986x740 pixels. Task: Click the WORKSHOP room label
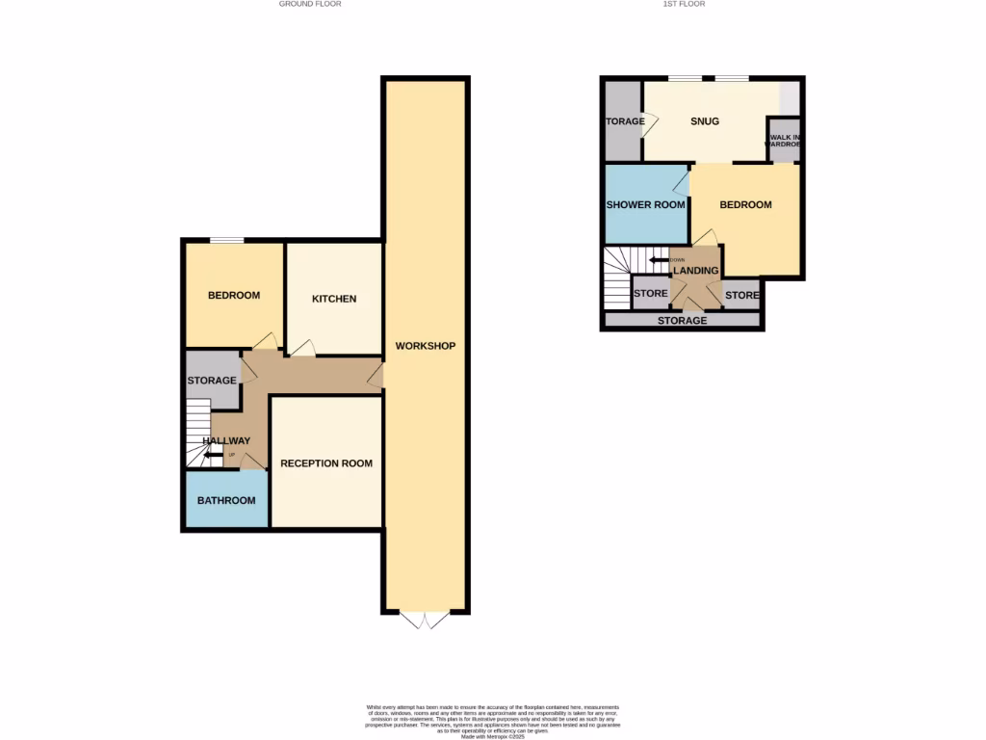(x=425, y=346)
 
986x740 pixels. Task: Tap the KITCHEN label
(x=334, y=299)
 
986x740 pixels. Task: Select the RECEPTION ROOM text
(x=326, y=463)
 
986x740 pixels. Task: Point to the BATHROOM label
(x=226, y=500)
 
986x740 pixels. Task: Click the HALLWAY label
(x=226, y=441)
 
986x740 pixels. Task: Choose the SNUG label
(x=705, y=121)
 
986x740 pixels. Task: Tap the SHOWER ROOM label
(x=645, y=205)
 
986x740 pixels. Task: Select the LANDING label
(x=695, y=271)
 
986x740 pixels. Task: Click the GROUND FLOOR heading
(x=310, y=4)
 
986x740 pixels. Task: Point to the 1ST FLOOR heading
(x=685, y=4)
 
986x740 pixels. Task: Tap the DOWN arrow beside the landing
(x=661, y=259)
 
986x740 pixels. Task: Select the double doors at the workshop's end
(x=425, y=621)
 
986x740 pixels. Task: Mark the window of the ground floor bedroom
(x=227, y=240)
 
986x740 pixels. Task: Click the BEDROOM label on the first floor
(x=745, y=205)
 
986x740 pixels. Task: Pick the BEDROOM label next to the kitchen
(x=234, y=295)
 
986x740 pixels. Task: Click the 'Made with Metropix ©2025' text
(x=492, y=737)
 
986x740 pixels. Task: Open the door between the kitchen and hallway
(x=302, y=348)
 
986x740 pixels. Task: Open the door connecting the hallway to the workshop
(x=376, y=376)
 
